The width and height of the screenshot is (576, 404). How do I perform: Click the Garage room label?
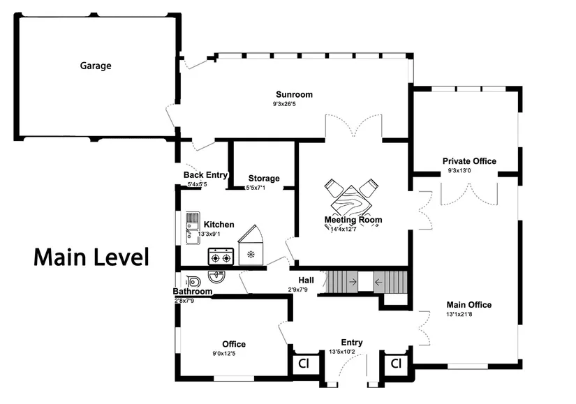click(x=96, y=66)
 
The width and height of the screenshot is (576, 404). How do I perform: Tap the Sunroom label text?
click(x=294, y=94)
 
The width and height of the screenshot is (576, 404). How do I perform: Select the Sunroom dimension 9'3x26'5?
click(x=284, y=104)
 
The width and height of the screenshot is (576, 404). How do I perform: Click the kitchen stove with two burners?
click(x=221, y=256)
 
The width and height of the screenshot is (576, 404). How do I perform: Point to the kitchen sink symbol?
click(x=193, y=228)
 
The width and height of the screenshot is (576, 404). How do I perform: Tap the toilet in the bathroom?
click(x=193, y=282)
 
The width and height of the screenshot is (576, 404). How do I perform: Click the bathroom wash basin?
click(x=216, y=276)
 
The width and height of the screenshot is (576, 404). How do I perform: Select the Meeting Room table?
click(x=351, y=202)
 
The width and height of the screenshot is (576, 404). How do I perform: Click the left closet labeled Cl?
click(x=304, y=364)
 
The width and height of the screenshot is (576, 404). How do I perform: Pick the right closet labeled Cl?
click(x=396, y=364)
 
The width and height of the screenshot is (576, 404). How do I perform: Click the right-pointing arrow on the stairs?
click(x=353, y=282)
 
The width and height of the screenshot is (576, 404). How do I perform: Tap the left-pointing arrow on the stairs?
click(x=378, y=282)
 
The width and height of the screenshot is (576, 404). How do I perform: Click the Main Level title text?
click(x=91, y=257)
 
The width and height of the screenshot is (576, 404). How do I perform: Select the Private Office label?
click(x=469, y=161)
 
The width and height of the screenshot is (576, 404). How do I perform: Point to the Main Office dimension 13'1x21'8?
click(x=459, y=315)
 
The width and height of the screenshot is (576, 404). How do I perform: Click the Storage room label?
click(x=264, y=179)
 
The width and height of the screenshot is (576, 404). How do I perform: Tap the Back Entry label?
click(x=205, y=175)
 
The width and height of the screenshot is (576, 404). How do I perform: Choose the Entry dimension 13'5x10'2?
click(x=342, y=352)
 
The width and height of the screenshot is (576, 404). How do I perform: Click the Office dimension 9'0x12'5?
click(x=223, y=354)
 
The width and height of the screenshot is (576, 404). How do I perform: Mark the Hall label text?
click(x=306, y=280)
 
